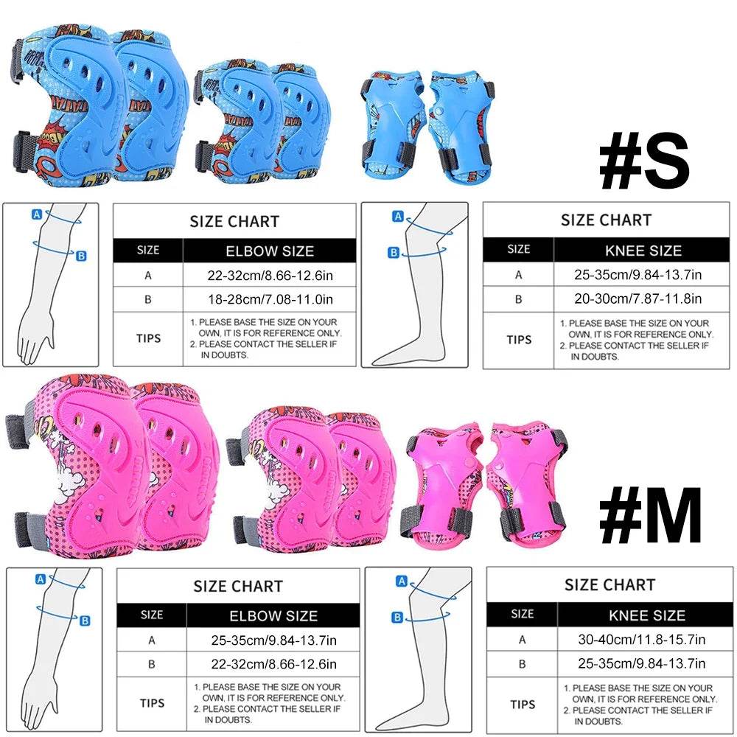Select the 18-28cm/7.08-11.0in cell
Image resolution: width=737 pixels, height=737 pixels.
pyautogui.click(x=269, y=299)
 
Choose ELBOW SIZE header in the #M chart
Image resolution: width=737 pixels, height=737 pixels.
pyautogui.click(x=273, y=616)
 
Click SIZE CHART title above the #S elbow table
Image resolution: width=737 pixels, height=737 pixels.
pyautogui.click(x=234, y=222)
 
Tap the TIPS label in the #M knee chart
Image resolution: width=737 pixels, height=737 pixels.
pyautogui.click(x=523, y=705)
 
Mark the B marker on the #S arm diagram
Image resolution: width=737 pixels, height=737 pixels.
pyautogui.click(x=81, y=256)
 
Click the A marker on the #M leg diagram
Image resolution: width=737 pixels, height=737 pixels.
pyautogui.click(x=402, y=581)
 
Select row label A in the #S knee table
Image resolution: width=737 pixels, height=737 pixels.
pyautogui.click(x=519, y=275)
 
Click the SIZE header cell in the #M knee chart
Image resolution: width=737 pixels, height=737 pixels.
pyautogui.click(x=522, y=614)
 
